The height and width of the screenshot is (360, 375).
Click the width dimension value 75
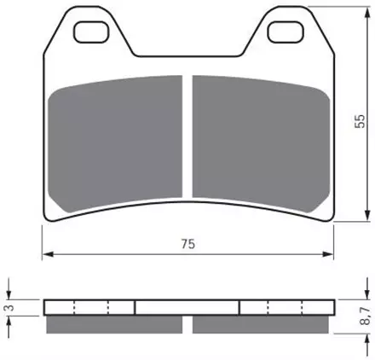pyautogui.click(x=188, y=244)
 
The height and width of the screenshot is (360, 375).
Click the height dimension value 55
pyautogui.click(x=360, y=121)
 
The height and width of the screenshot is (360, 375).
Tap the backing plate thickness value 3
pyautogui.click(x=10, y=308)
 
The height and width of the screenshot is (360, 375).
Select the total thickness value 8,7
pyautogui.click(x=365, y=316)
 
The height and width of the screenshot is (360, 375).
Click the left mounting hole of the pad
pyautogui.click(x=91, y=32)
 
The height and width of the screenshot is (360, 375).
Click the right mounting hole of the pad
pyautogui.click(x=286, y=32)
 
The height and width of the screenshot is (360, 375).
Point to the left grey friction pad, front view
pyautogui.click(x=115, y=143)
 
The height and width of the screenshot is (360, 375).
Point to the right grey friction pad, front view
pyautogui.click(x=261, y=143)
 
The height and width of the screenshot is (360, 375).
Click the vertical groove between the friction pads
pyautogui.click(x=187, y=136)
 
